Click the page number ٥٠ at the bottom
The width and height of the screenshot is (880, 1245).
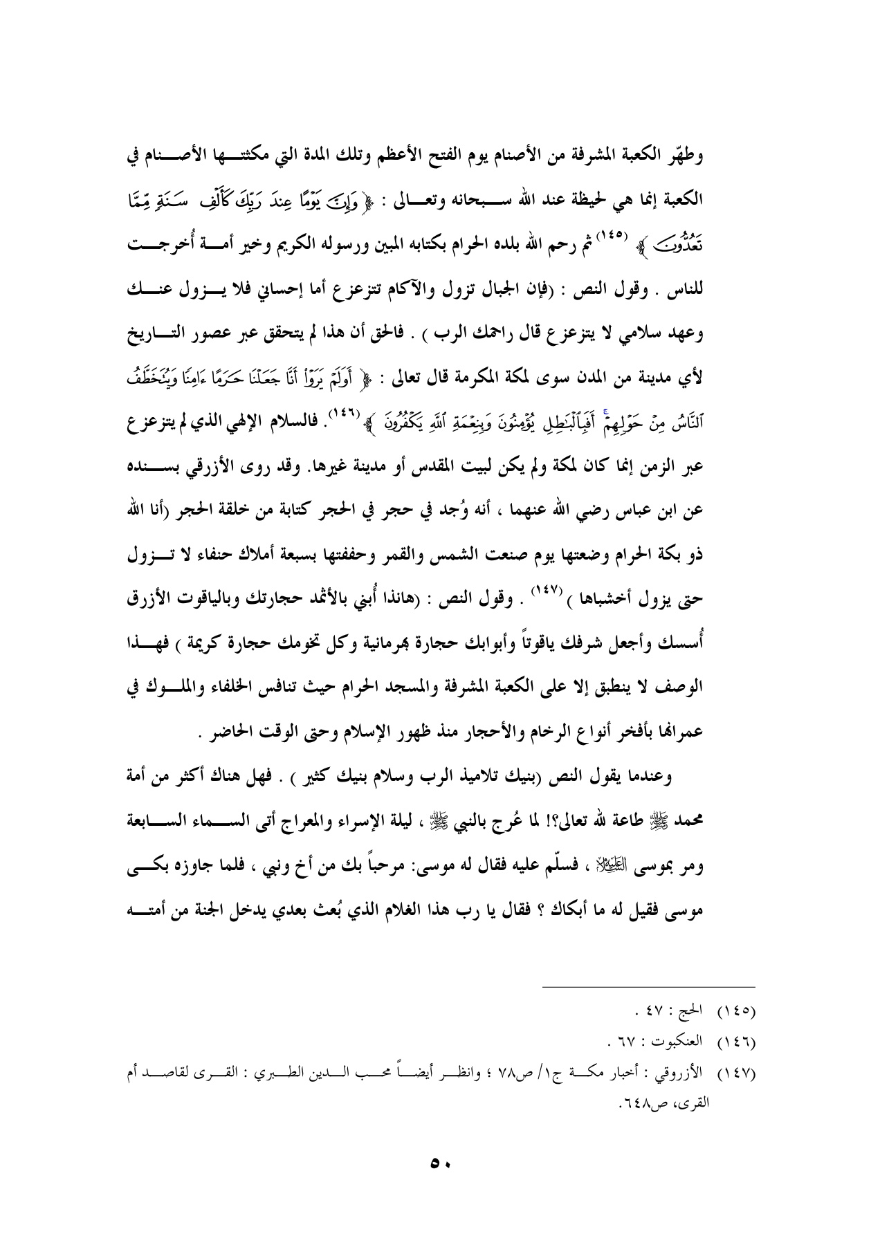[439, 1163]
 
